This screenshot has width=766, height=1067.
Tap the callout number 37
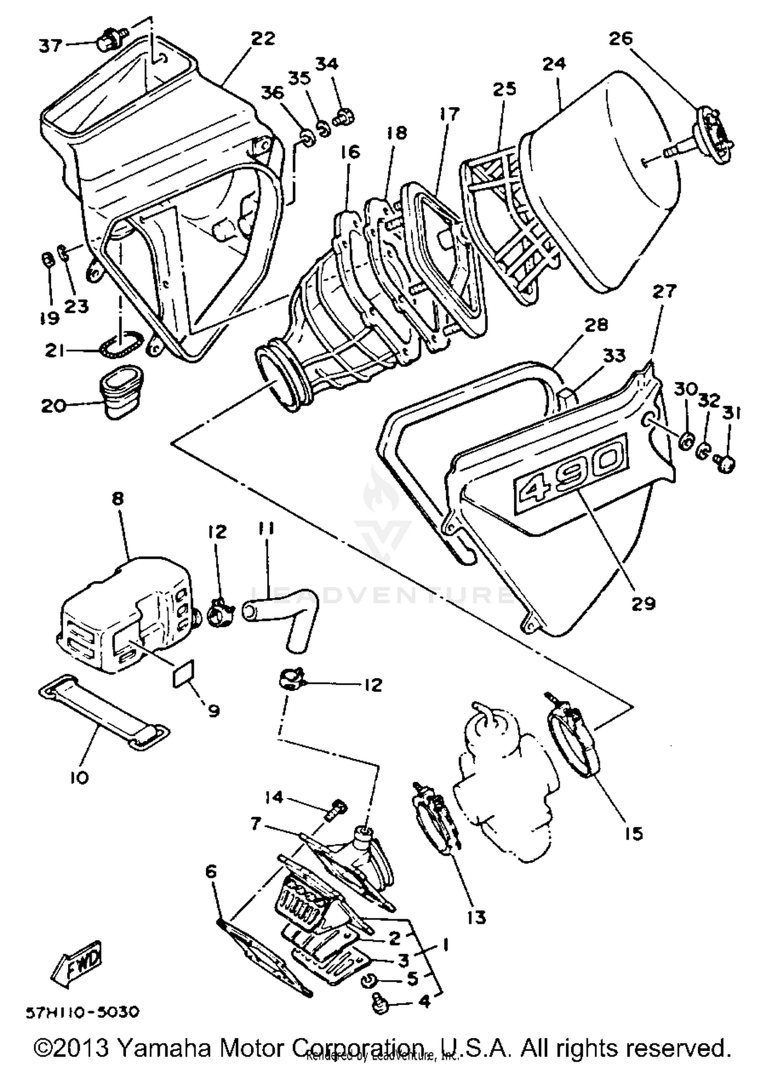51,46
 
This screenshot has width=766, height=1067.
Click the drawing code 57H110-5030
82,1011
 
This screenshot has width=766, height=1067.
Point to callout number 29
643,603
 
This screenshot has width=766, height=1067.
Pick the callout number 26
621,38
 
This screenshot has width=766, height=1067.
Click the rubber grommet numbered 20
122,393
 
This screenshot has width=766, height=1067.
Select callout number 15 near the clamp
633,834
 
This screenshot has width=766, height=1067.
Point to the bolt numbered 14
338,808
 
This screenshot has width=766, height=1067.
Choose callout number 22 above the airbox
263,38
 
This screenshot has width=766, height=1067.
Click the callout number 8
118,498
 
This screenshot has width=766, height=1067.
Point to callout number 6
211,871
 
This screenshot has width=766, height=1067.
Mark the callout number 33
614,355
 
